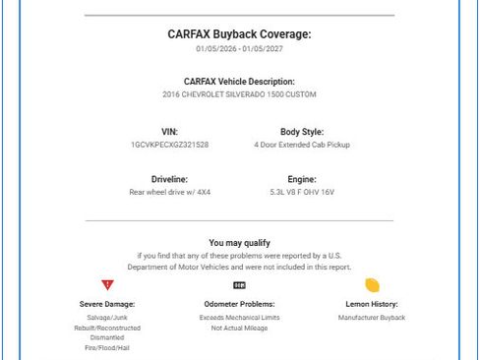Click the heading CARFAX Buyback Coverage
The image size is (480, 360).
[239, 34]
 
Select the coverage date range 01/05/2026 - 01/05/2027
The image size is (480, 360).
[239, 48]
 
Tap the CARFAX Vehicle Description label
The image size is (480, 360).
[239, 82]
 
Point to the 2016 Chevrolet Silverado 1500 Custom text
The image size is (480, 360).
[239, 94]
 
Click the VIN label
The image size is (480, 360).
[169, 132]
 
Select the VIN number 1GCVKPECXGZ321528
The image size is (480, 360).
[169, 145]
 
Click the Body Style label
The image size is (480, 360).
[302, 132]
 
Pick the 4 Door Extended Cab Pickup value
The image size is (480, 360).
[302, 145]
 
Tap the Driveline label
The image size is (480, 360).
[169, 179]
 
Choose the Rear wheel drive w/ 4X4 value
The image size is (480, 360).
[169, 192]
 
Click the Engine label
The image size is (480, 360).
[302, 179]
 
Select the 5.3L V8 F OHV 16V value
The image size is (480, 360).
[302, 192]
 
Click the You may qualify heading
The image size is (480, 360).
[239, 242]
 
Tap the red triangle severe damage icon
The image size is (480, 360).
[107, 285]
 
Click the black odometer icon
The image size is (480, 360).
[239, 285]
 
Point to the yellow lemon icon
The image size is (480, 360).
[372, 285]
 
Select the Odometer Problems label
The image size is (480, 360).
[239, 304]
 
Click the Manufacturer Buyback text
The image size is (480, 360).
[372, 318]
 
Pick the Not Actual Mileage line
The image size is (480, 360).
[239, 328]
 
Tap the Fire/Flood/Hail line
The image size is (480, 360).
[107, 348]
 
